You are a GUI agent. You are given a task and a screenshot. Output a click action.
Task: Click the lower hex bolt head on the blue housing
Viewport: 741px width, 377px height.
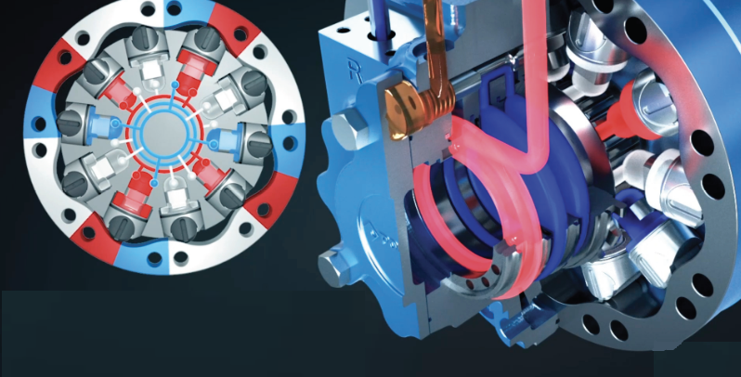332,267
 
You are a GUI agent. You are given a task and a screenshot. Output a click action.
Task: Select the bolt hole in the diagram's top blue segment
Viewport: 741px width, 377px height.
175,7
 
